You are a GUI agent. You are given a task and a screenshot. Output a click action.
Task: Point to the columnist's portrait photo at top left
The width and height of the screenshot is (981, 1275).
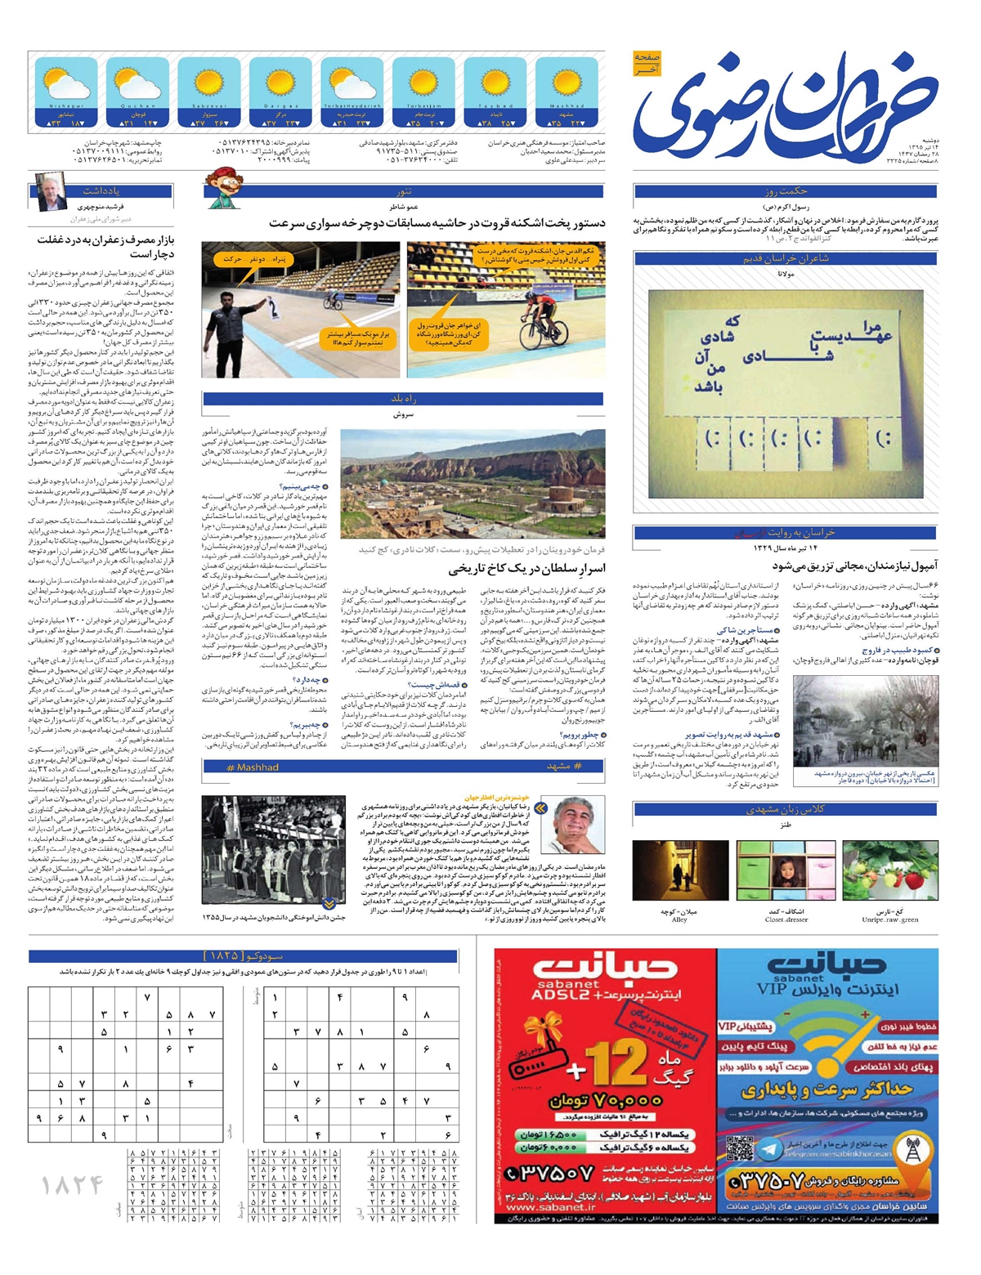(50, 191)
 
